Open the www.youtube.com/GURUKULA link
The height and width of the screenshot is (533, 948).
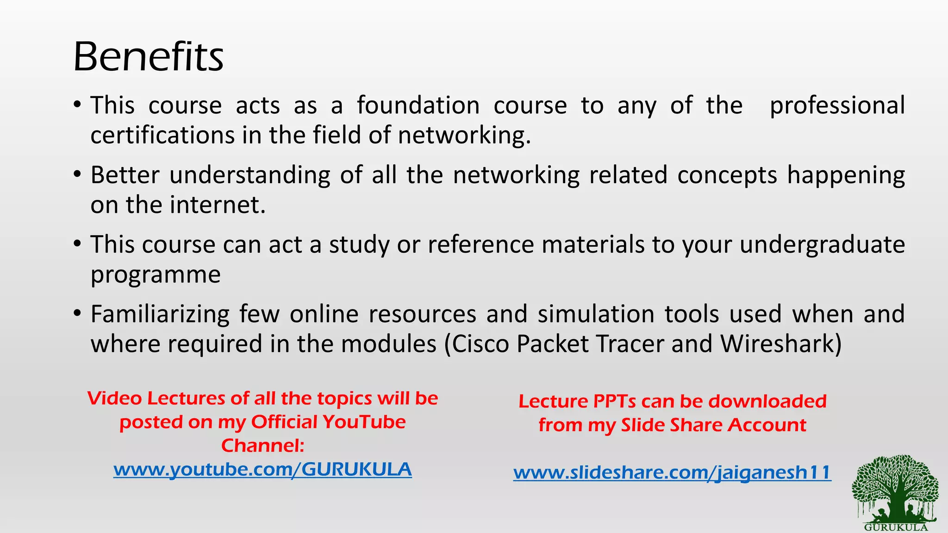tap(262, 469)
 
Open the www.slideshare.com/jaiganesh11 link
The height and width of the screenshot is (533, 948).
tap(672, 472)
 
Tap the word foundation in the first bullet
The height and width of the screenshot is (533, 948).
tap(418, 105)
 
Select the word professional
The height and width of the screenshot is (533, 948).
tap(837, 105)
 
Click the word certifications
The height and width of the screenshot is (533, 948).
tap(162, 135)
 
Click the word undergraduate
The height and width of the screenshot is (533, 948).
tap(822, 244)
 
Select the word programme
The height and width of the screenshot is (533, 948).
tap(156, 274)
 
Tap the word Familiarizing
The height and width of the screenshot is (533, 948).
tap(160, 314)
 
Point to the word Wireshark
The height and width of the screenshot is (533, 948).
tap(780, 344)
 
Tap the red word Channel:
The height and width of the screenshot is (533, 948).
tap(262, 446)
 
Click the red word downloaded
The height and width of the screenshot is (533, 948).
tap(767, 401)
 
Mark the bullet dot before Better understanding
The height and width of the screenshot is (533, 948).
tap(77, 174)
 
